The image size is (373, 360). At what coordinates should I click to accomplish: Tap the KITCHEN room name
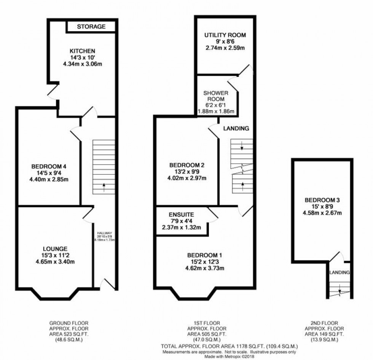click(x=82, y=51)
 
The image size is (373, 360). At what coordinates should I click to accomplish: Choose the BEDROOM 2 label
click(x=187, y=165)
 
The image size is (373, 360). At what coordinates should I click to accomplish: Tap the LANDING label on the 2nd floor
click(x=339, y=272)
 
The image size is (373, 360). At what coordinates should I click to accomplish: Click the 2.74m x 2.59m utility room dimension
click(x=225, y=48)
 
